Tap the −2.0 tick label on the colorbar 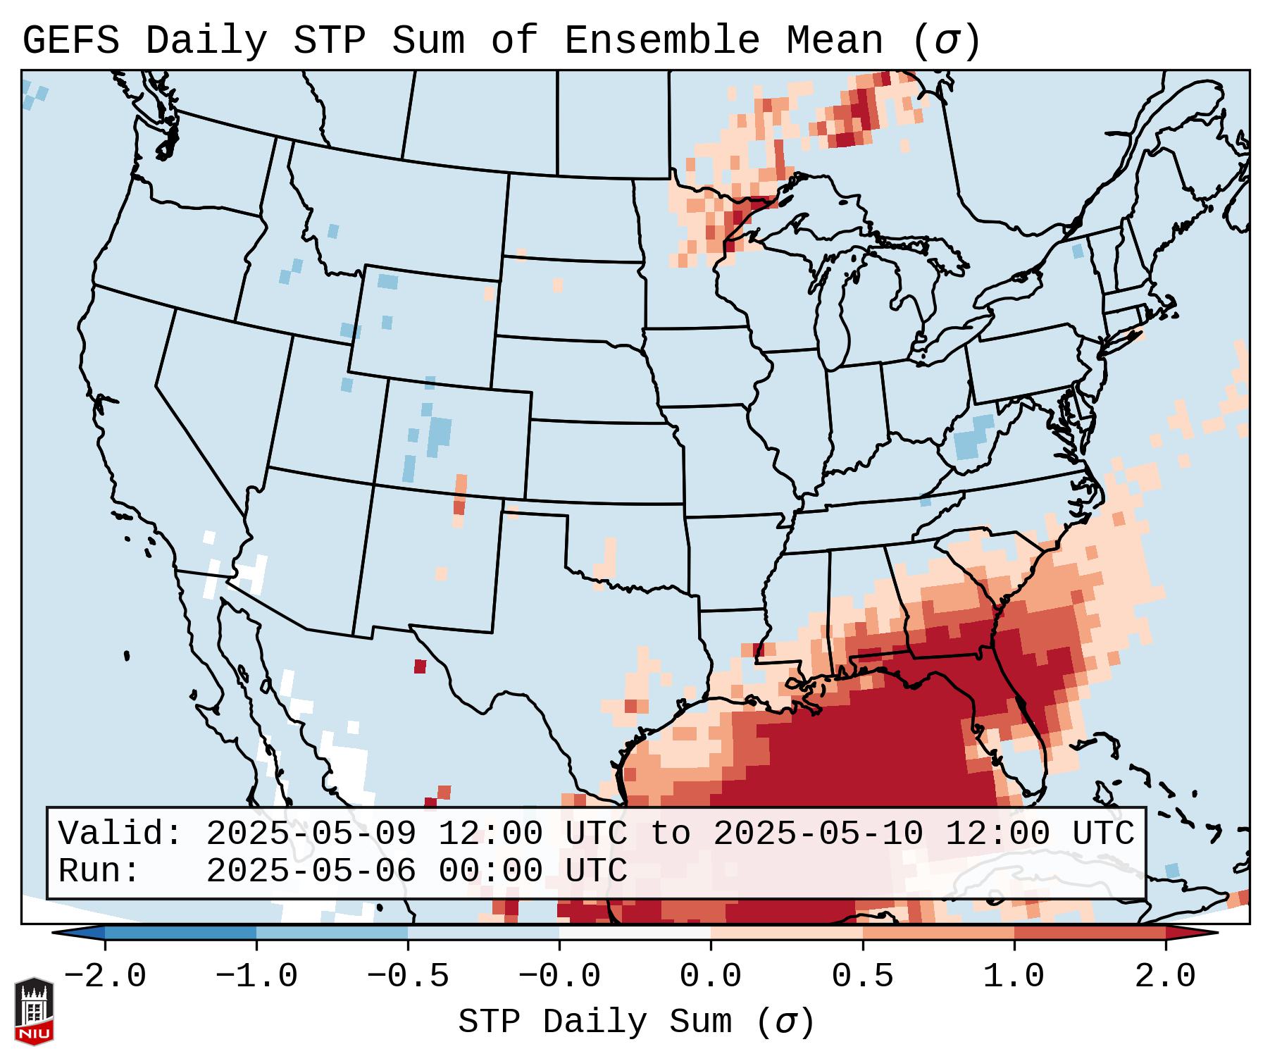pyautogui.click(x=105, y=976)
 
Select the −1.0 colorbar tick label pyautogui.click(x=256, y=976)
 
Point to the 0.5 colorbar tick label pyautogui.click(x=862, y=976)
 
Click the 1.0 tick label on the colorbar pyautogui.click(x=1014, y=976)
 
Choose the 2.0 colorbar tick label pyautogui.click(x=1165, y=976)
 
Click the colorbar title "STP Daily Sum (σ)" pyautogui.click(x=636, y=1022)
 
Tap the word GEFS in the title pyautogui.click(x=70, y=41)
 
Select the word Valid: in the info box pyautogui.click(x=120, y=834)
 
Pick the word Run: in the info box pyautogui.click(x=99, y=871)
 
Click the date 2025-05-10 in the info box pyautogui.click(x=818, y=834)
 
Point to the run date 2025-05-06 pyautogui.click(x=311, y=871)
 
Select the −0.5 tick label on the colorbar pyautogui.click(x=408, y=976)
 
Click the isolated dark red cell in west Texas pyautogui.click(x=420, y=666)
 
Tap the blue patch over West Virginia pyautogui.click(x=973, y=441)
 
